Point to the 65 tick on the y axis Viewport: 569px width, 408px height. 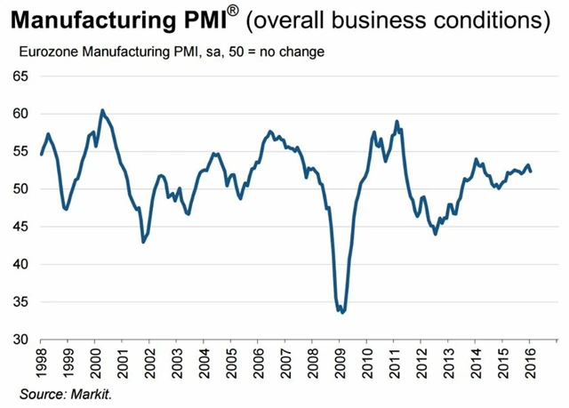[20, 76]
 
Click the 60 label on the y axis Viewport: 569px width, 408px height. [20, 114]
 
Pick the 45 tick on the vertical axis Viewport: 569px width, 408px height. [20, 227]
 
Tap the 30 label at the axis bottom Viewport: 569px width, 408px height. [20, 340]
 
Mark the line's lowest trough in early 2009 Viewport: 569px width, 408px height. [342, 313]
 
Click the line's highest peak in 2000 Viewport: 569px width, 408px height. [102, 110]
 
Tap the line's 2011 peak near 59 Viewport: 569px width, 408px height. [397, 121]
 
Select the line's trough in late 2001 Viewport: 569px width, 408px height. [143, 242]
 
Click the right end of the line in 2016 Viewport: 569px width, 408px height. [532, 172]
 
